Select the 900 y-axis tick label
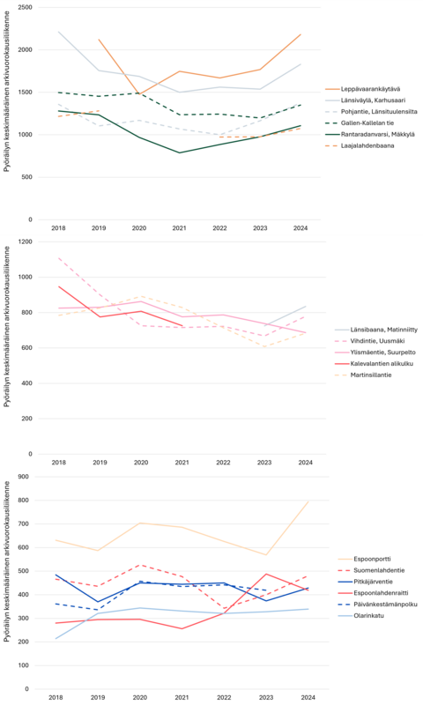[26, 477]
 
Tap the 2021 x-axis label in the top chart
[180, 227]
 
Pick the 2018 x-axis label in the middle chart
[58, 462]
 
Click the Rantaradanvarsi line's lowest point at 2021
[180, 152]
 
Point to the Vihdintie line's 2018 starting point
[58, 258]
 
